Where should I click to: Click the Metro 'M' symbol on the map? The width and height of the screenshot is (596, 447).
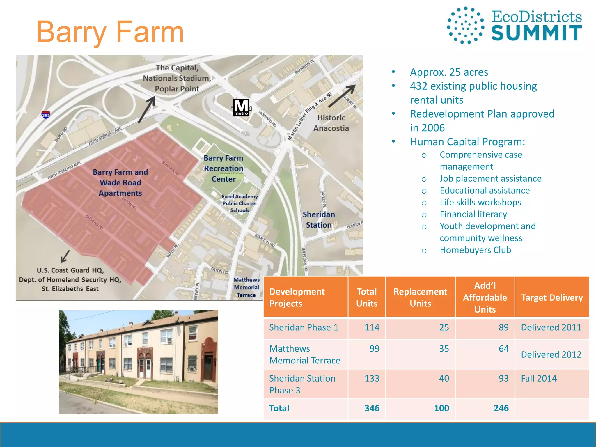click(x=241, y=107)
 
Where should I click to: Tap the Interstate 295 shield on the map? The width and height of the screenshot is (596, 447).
click(x=46, y=115)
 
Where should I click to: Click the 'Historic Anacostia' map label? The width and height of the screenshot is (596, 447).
click(x=331, y=123)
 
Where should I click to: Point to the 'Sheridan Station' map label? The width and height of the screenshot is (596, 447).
click(x=319, y=219)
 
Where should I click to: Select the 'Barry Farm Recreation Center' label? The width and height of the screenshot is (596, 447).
click(x=223, y=168)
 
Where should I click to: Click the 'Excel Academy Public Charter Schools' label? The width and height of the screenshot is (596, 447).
click(x=240, y=203)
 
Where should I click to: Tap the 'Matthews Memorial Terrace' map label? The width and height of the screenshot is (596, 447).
click(x=246, y=287)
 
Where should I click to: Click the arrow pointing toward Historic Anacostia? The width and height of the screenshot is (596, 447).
click(x=342, y=96)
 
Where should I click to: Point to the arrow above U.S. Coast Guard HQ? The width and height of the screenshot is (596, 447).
click(x=65, y=256)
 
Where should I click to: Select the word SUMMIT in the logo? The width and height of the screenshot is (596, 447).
click(x=536, y=33)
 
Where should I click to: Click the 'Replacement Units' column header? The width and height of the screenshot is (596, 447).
click(x=420, y=297)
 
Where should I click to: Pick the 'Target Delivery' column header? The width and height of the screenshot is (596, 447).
click(x=552, y=297)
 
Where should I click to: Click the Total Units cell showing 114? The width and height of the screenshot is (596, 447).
click(x=372, y=327)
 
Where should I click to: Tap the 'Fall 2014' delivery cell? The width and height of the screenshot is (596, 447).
click(x=539, y=378)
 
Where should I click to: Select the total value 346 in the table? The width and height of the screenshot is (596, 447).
click(x=372, y=408)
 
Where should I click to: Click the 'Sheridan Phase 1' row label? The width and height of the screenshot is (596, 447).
click(x=304, y=327)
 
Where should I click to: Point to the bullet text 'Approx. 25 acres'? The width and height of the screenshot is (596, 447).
click(x=449, y=72)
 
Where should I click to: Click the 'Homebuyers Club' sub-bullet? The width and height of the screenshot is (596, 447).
click(x=475, y=250)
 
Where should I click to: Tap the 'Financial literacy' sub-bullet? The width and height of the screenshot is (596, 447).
click(x=473, y=214)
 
